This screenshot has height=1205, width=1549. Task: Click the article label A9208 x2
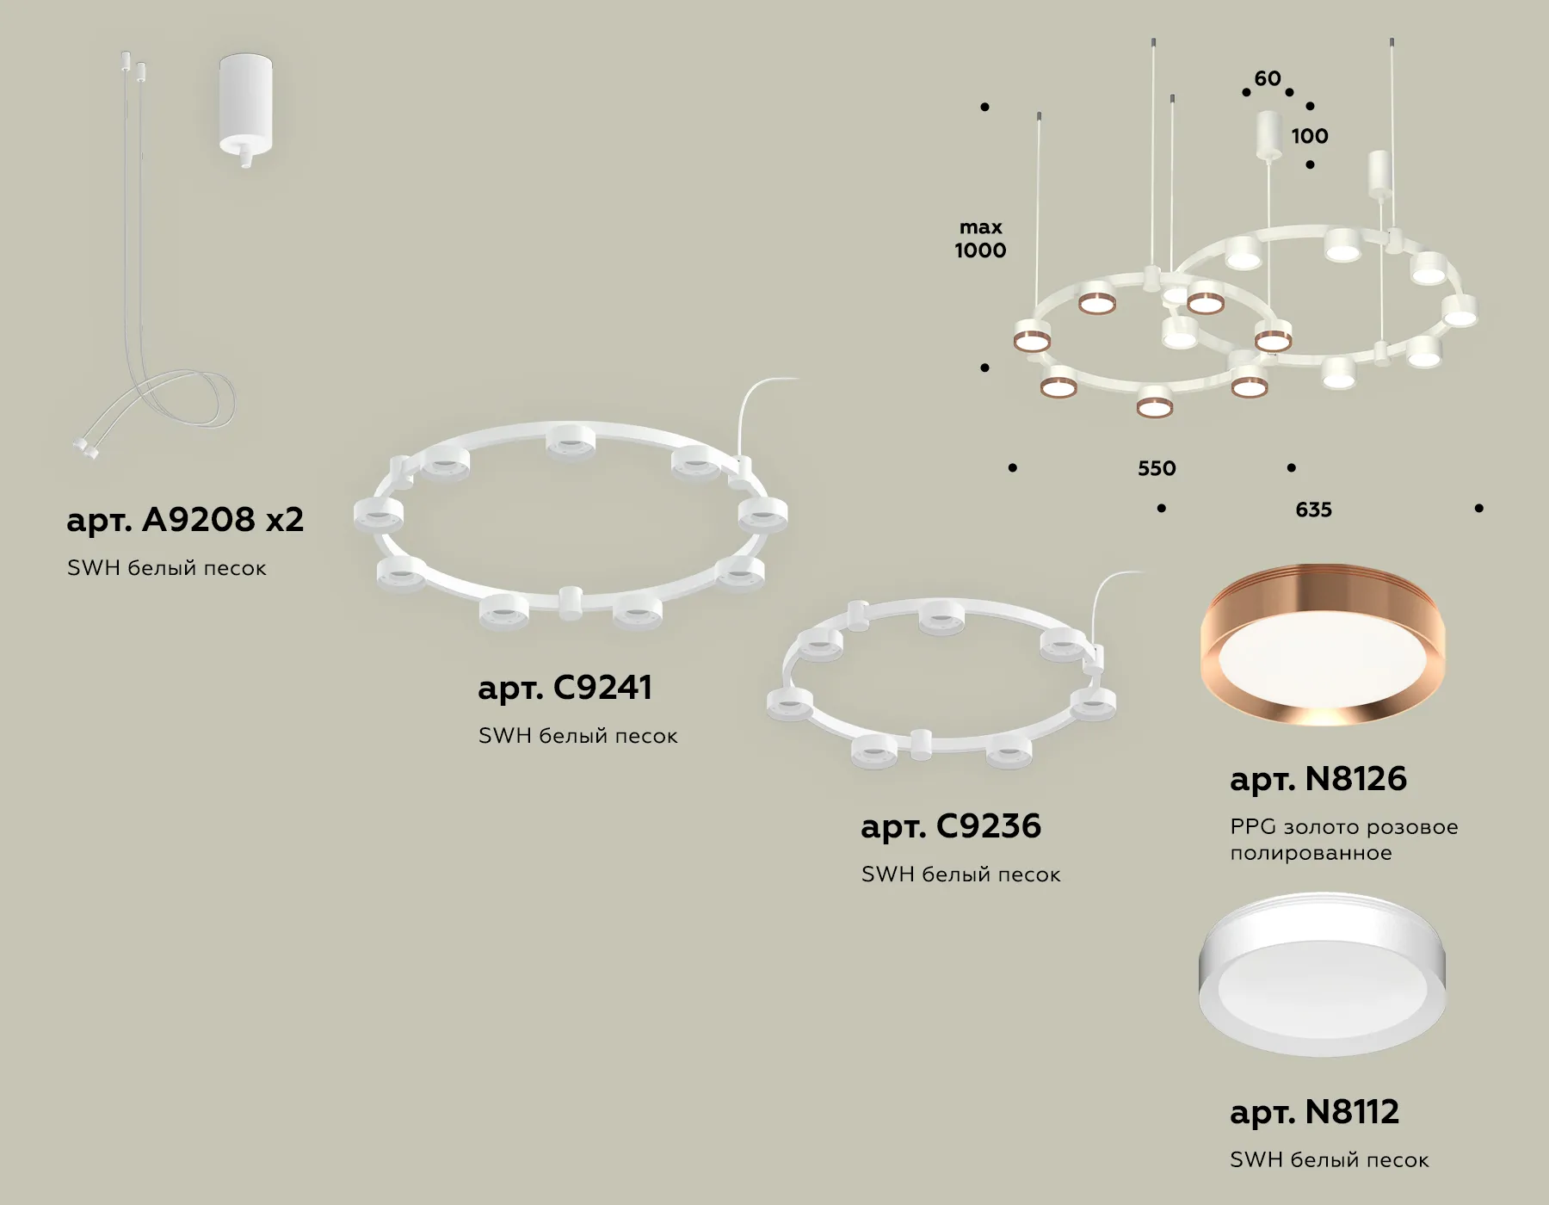tap(185, 520)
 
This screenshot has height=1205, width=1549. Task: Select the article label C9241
tap(565, 688)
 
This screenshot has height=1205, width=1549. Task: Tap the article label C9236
tap(951, 826)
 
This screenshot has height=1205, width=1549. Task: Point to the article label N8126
tap(1318, 779)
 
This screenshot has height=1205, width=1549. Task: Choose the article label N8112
tap(1314, 1112)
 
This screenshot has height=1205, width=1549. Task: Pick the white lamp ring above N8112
tap(1323, 974)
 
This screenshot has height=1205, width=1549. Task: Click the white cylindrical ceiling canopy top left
tap(246, 108)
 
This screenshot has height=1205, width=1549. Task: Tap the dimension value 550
tap(1157, 468)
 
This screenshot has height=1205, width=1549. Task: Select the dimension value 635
tap(1313, 510)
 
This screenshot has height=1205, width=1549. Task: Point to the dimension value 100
tap(1310, 136)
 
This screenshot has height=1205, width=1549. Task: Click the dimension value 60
tap(1268, 79)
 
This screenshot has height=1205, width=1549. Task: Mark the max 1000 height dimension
tap(980, 239)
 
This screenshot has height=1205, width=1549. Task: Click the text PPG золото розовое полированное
tap(1344, 840)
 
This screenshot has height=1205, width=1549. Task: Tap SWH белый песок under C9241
tap(578, 736)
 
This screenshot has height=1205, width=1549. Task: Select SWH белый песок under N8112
tap(1330, 1160)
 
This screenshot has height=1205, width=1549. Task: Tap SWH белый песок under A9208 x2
tap(167, 568)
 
